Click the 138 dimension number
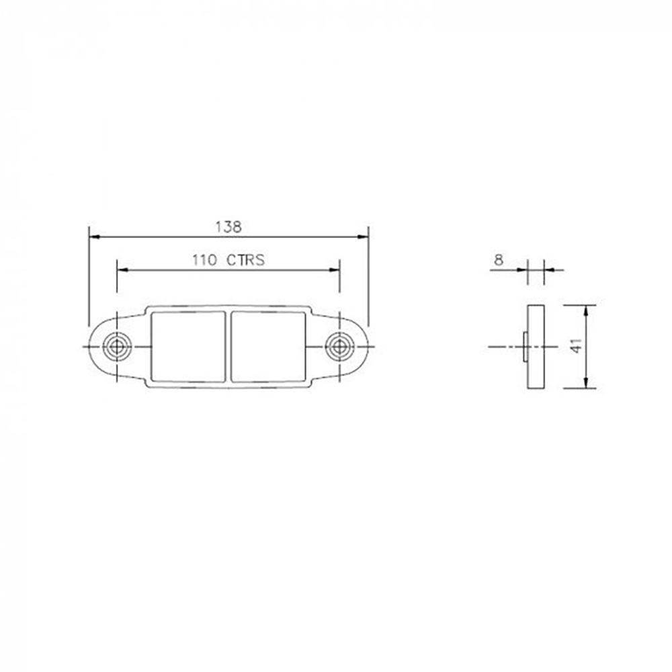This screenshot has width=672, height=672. [x=228, y=226]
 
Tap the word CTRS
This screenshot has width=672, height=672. [x=245, y=260]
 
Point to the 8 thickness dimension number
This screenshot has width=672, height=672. [x=499, y=259]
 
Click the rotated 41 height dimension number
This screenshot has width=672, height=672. [x=577, y=346]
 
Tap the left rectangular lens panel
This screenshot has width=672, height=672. [x=189, y=347]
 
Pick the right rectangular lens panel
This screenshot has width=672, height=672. [x=268, y=347]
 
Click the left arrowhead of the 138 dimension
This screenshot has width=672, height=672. [x=94, y=237]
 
